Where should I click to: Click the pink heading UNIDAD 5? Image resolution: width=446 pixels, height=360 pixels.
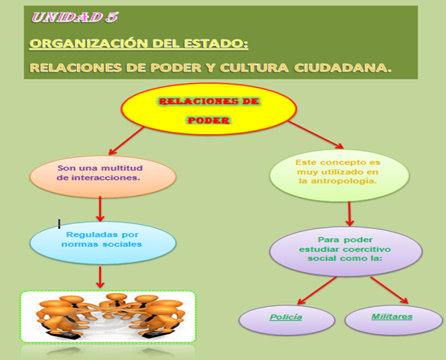(x=75, y=17)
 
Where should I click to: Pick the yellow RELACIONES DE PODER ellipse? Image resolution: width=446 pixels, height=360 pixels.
(x=209, y=110)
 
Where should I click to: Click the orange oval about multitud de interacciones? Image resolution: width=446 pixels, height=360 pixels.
(x=103, y=173)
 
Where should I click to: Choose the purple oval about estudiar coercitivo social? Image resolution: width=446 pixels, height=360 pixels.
(x=346, y=249)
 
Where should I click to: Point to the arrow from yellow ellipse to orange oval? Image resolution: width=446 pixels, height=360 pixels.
(x=126, y=141)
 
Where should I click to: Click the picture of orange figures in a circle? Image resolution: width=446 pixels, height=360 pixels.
(x=108, y=317)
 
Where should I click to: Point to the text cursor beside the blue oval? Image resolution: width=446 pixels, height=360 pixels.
(x=59, y=224)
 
